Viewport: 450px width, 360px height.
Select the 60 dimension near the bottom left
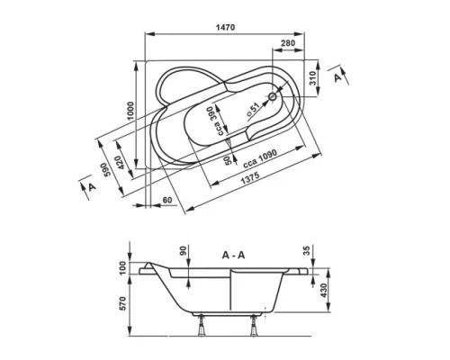click(x=168, y=198)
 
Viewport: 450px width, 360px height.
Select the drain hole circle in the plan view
click(x=274, y=94)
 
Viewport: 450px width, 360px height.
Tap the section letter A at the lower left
click(x=91, y=186)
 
